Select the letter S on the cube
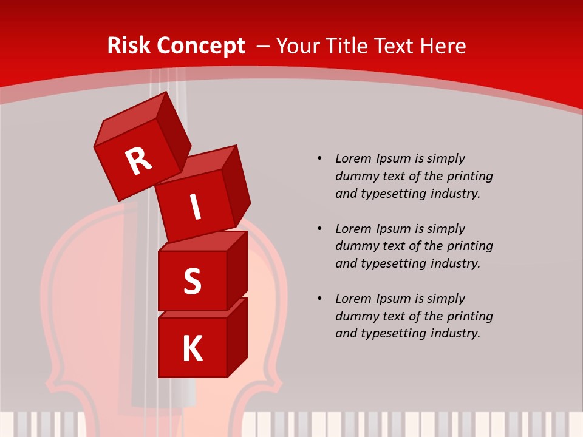click(x=192, y=282)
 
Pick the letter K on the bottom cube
click(x=193, y=349)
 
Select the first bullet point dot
click(x=319, y=158)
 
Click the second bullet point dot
click(x=319, y=229)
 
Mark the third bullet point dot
click(x=319, y=299)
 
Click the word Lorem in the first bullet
click(x=353, y=158)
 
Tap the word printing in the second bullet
click(x=469, y=246)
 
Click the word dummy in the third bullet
click(x=358, y=316)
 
